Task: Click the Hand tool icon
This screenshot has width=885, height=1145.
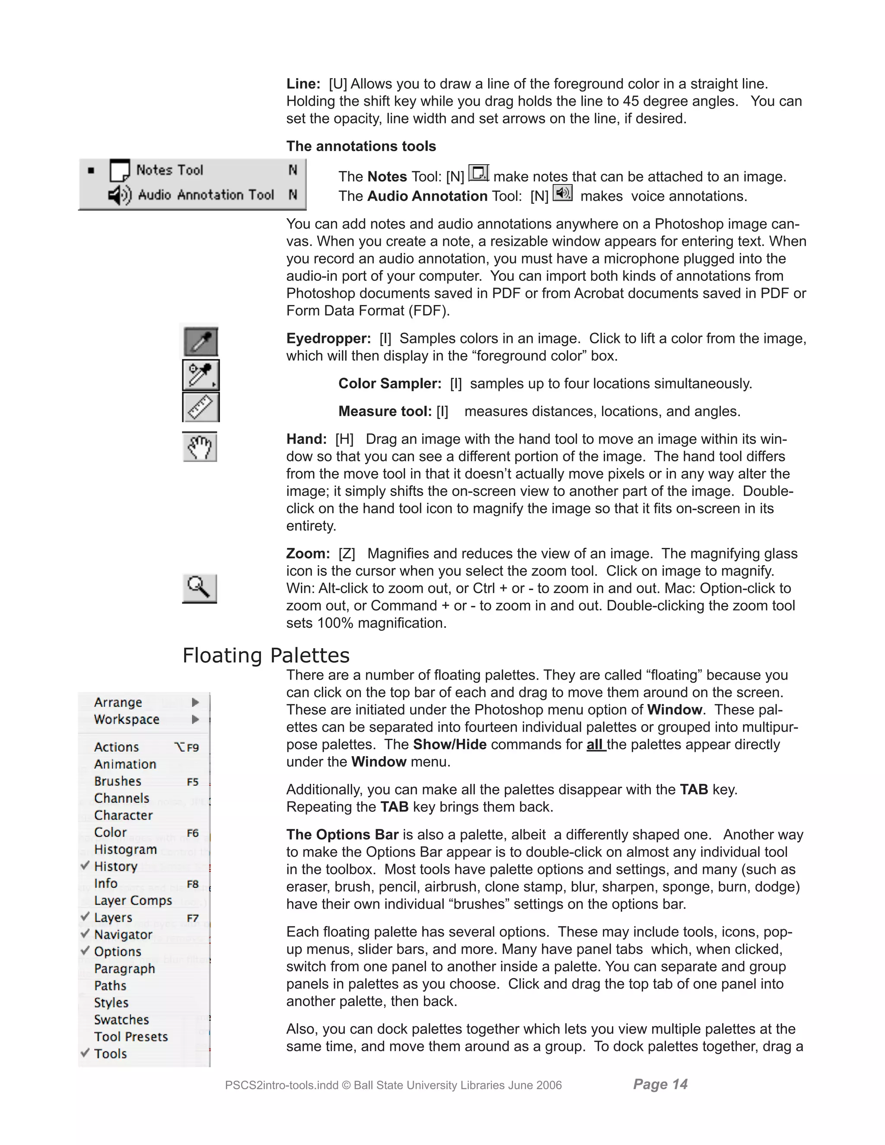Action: point(200,447)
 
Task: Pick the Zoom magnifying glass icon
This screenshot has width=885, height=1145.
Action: point(199,588)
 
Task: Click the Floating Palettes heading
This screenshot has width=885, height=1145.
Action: point(266,655)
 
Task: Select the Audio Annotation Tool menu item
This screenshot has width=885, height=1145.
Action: point(206,195)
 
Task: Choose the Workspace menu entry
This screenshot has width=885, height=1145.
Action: point(126,719)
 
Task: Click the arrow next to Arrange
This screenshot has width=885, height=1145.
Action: point(195,702)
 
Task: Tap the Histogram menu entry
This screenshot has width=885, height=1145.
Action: point(125,849)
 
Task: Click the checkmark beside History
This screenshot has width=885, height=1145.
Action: point(85,865)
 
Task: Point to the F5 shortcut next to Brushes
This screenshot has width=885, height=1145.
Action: point(192,782)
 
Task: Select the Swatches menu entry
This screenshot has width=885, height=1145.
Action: point(121,1020)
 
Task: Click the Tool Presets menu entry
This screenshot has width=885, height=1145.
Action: point(131,1037)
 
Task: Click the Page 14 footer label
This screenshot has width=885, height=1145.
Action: point(660,1084)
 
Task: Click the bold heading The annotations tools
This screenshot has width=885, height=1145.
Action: point(361,146)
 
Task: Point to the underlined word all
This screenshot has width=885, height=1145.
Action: point(595,744)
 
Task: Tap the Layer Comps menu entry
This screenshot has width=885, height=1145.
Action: point(133,901)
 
